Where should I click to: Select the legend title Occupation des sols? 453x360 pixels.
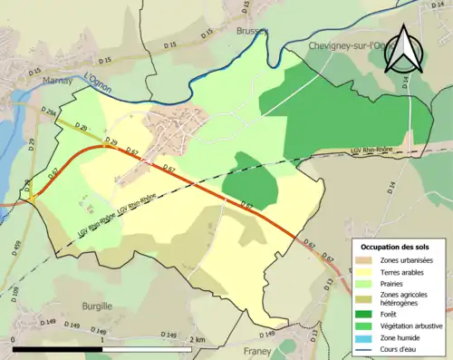point(397,247)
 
